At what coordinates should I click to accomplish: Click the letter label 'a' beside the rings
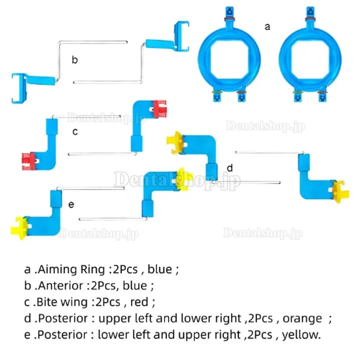pyautogui.click(x=267, y=26)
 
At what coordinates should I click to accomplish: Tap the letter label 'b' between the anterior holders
pyautogui.click(x=74, y=59)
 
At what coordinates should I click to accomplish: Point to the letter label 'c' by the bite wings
pyautogui.click(x=75, y=132)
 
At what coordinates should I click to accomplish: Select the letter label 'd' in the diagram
pyautogui.click(x=229, y=168)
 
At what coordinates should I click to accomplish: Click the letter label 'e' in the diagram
pyautogui.click(x=71, y=204)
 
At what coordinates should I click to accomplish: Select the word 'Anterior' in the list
pyautogui.click(x=60, y=285)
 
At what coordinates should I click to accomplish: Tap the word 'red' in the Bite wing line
pyautogui.click(x=139, y=302)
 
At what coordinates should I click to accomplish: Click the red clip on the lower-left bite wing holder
pyautogui.click(x=28, y=161)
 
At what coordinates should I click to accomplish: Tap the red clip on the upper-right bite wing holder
pyautogui.click(x=160, y=108)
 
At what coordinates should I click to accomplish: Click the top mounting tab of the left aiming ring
pyautogui.click(x=229, y=13)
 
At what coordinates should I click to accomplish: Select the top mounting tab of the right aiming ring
pyautogui.click(x=310, y=14)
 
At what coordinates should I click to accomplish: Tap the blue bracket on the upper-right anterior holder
pyautogui.click(x=182, y=36)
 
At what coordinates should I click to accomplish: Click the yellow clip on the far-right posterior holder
pyautogui.click(x=340, y=191)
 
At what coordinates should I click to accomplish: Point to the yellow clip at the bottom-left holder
pyautogui.click(x=19, y=228)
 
